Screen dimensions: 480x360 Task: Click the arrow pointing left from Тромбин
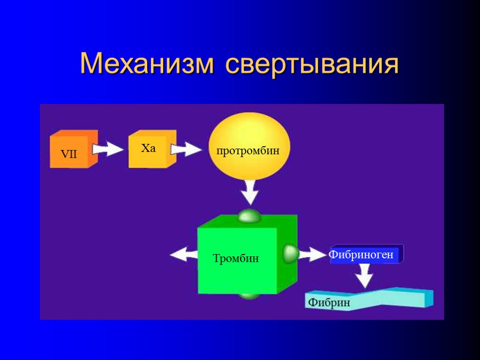(183, 255)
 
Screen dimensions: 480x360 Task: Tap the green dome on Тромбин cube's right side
(291, 254)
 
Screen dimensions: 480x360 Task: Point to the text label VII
(69, 154)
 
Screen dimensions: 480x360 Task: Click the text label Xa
(148, 149)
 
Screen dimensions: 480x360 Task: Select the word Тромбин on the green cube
(236, 258)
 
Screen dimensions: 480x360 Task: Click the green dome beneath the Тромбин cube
(249, 296)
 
